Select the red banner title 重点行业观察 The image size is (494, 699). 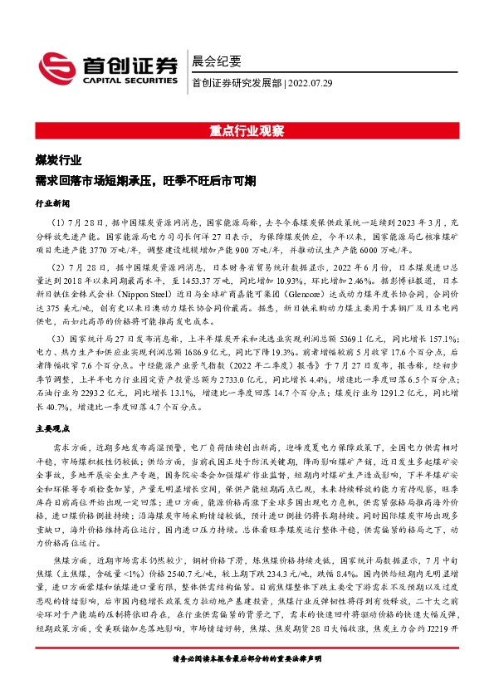[x=247, y=131]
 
